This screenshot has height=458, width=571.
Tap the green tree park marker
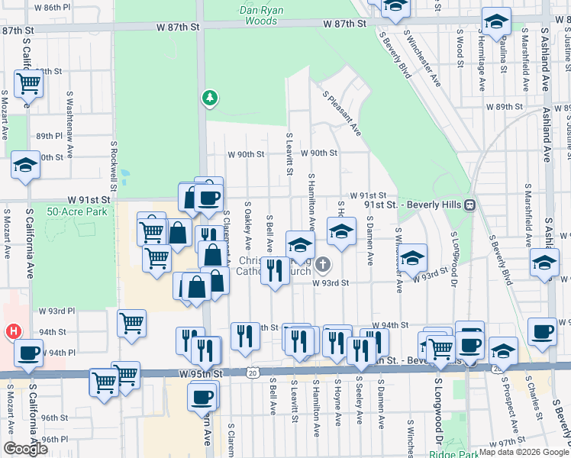(209, 98)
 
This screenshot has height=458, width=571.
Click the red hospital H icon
(12, 332)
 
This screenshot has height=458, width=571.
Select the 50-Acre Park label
(77, 211)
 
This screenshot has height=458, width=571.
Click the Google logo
(25, 449)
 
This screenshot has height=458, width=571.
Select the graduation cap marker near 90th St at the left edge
(25, 164)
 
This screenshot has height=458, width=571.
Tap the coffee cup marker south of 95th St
(202, 395)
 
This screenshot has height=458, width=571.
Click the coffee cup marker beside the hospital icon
(29, 353)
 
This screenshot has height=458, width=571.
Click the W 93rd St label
(331, 282)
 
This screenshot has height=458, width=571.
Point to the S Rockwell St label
(113, 165)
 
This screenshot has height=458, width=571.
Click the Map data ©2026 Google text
(524, 452)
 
